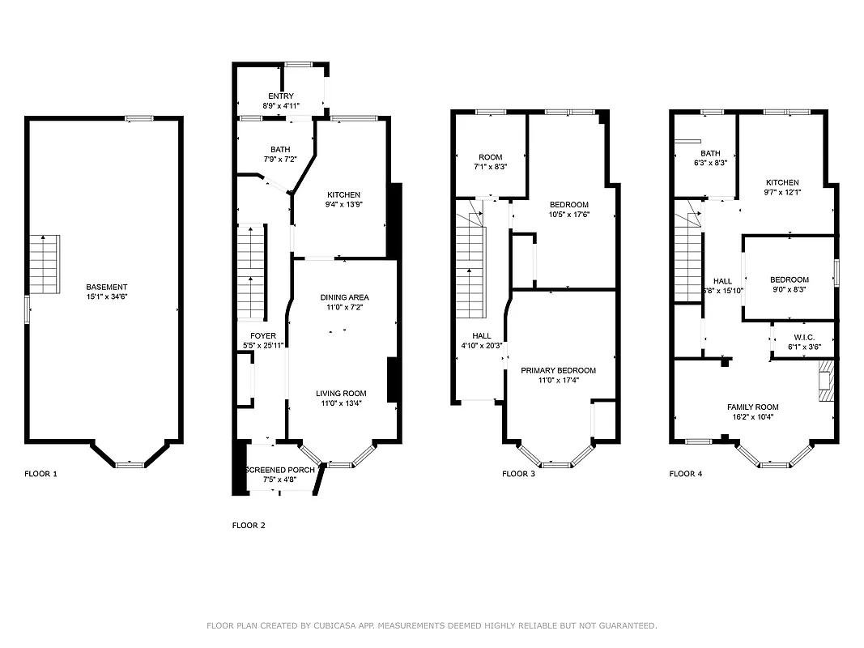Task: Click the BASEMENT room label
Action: click(x=107, y=287)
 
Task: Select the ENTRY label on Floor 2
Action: click(x=270, y=96)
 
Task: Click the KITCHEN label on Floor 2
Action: click(x=343, y=194)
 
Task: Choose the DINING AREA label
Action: click(x=344, y=297)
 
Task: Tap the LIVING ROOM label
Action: click(x=341, y=394)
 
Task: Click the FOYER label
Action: click(x=262, y=335)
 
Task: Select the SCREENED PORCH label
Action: click(x=280, y=470)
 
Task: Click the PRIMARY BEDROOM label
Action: click(x=558, y=370)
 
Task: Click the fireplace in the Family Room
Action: click(x=825, y=382)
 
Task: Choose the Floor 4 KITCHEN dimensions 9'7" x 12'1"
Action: click(x=782, y=192)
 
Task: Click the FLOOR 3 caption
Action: click(x=518, y=474)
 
